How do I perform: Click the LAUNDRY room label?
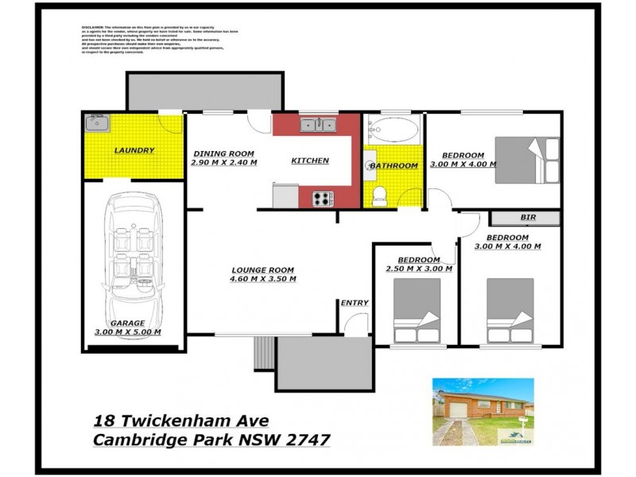[134, 150]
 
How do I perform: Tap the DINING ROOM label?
[223, 153]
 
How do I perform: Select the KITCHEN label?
[309, 161]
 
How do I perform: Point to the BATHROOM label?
[394, 165]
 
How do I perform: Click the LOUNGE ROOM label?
[263, 270]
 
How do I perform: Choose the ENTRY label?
[354, 303]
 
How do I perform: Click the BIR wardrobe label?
[528, 217]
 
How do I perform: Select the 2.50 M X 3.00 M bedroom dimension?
[419, 270]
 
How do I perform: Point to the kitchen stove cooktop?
[322, 198]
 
